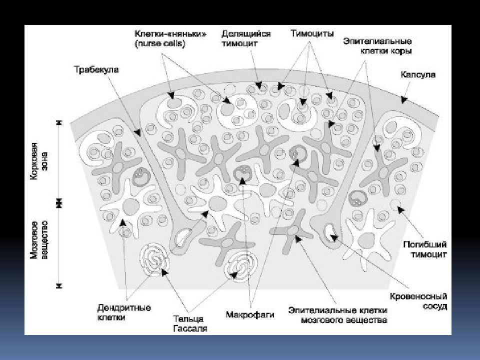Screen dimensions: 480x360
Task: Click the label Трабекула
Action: pos(96,69)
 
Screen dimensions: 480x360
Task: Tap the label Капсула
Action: pos(418,74)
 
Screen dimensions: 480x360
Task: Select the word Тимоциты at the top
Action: pos(312,33)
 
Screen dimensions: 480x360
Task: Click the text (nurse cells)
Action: pos(160,43)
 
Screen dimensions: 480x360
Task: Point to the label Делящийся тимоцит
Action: pos(246,38)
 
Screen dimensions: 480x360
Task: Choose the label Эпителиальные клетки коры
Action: pos(377,46)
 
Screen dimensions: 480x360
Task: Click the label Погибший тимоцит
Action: pos(425,249)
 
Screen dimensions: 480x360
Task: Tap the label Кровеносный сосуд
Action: pos(418,301)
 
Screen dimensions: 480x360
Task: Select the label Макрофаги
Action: pos(250,314)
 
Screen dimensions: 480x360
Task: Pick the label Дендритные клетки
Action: pos(124,312)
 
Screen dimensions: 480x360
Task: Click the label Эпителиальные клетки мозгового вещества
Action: pos(337,315)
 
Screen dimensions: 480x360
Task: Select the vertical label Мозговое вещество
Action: pos(40,239)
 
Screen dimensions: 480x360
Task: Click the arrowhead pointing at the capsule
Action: pos(404,99)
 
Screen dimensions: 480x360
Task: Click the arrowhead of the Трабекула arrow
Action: pos(138,133)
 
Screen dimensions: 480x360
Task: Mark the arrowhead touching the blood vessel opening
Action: pos(334,237)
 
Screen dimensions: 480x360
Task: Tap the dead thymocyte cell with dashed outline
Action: pos(396,203)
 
